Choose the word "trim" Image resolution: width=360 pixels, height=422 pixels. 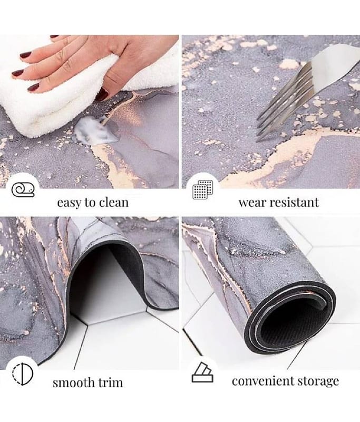111,382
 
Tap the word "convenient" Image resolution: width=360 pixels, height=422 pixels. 259,381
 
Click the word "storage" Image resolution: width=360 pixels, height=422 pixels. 314,381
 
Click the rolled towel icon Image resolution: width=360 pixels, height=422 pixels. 23,190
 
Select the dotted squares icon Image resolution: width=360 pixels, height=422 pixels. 203,190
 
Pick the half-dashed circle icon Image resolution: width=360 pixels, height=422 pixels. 23,374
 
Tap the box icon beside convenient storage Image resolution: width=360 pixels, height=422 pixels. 202,372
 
